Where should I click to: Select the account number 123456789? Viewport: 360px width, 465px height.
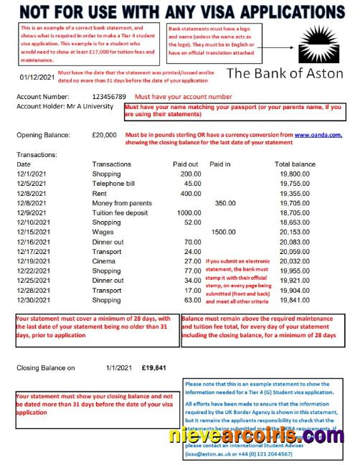point(109,96)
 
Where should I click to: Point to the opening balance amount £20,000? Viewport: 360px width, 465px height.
point(104,134)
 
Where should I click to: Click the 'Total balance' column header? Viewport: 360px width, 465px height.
point(295,164)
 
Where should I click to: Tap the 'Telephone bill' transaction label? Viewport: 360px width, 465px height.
point(116,183)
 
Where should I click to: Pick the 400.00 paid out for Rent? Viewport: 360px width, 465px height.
point(190,193)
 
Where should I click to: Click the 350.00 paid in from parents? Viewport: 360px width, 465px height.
point(224,203)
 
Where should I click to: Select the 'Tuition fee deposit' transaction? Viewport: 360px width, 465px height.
point(124,213)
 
